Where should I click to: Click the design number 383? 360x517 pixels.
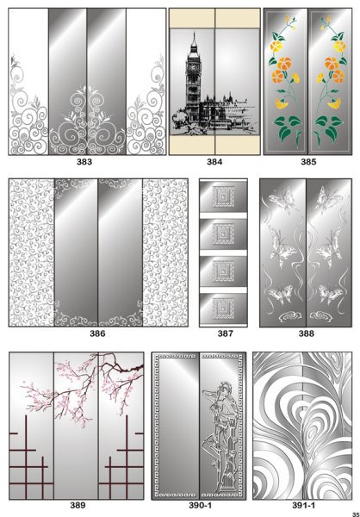[84, 162]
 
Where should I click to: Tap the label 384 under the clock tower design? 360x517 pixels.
[214, 162]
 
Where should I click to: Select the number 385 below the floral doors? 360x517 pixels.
[308, 162]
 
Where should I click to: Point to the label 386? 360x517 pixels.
[97, 333]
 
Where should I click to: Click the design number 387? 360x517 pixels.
[225, 333]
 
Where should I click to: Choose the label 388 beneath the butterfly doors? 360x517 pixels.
[306, 333]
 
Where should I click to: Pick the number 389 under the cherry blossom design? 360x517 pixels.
[78, 505]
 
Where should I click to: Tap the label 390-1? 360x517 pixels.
[200, 505]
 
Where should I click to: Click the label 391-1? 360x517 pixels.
[303, 505]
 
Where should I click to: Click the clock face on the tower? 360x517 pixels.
[193, 67]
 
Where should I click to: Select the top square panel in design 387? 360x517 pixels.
[223, 196]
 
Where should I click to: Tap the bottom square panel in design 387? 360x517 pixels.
[223, 308]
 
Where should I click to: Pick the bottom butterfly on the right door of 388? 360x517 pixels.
[331, 294]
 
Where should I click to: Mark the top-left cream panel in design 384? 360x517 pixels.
[192, 18]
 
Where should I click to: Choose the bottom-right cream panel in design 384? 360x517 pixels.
[238, 145]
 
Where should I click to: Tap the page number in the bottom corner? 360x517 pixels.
[356, 514]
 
